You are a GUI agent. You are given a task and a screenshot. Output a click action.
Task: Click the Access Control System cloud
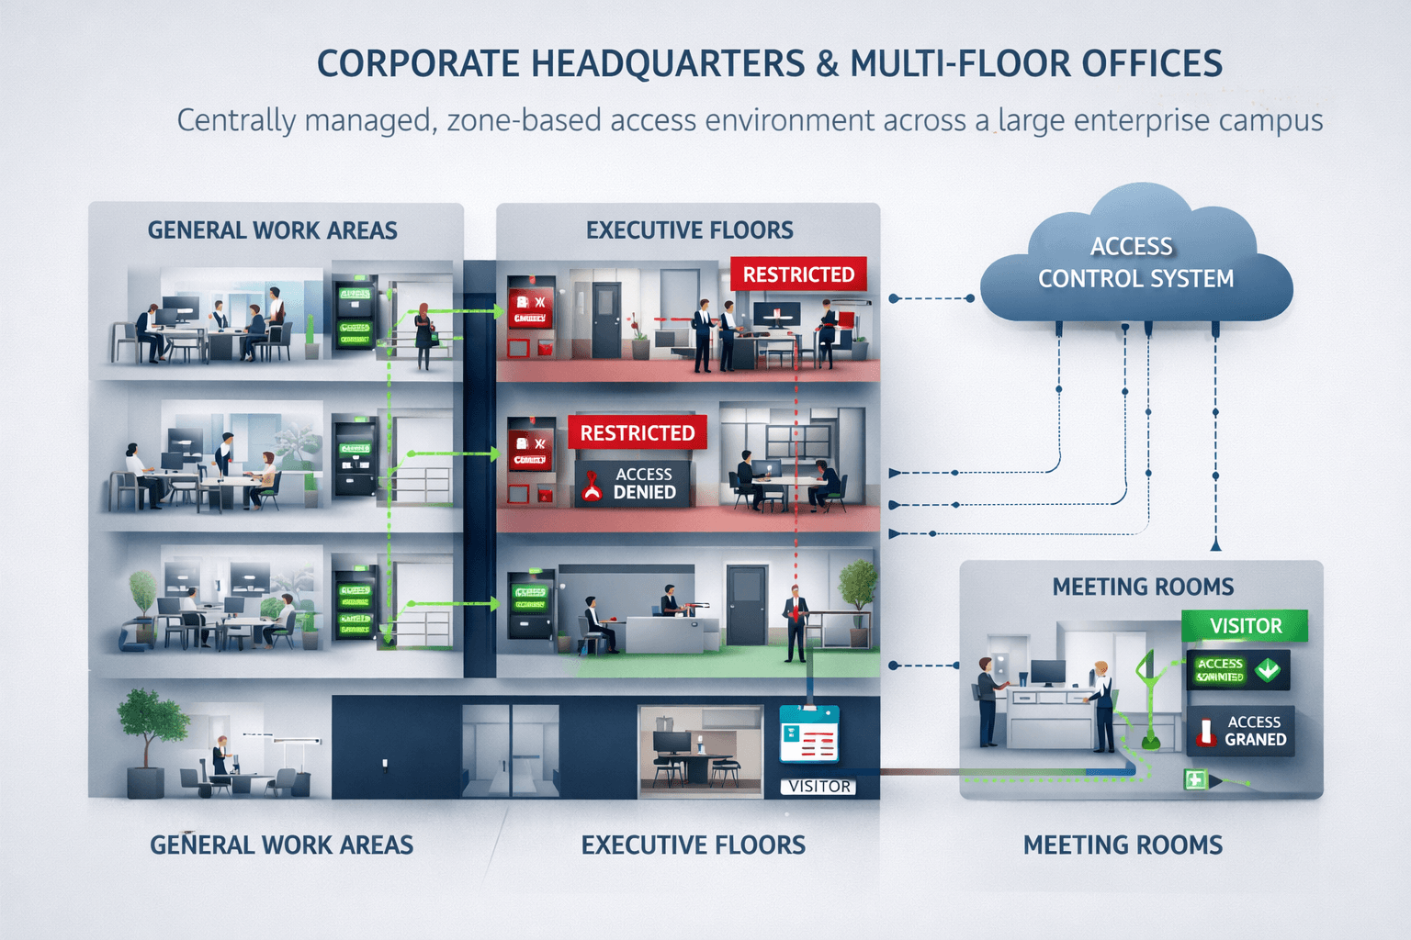[x=1135, y=263]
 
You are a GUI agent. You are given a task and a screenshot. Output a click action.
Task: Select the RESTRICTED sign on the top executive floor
[x=798, y=274]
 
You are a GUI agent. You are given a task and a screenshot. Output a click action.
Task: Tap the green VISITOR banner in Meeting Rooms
[x=1245, y=626]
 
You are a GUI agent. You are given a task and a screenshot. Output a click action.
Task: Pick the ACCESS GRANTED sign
[x=1240, y=731]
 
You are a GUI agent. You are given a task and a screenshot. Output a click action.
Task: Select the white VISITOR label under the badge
[x=818, y=787]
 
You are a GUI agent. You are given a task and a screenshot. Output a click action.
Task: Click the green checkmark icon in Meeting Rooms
[x=1268, y=669]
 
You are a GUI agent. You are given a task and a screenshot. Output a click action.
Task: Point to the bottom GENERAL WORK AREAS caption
[x=281, y=845]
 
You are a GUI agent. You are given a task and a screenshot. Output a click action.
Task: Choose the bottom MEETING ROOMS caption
[x=1123, y=845]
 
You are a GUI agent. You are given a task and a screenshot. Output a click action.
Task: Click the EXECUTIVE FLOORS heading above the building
[x=689, y=230]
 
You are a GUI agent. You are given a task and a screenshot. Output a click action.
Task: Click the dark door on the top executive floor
[x=606, y=320]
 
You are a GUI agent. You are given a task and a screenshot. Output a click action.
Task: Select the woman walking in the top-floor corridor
[x=423, y=337]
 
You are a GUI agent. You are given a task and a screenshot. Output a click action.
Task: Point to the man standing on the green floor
[x=796, y=623]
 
